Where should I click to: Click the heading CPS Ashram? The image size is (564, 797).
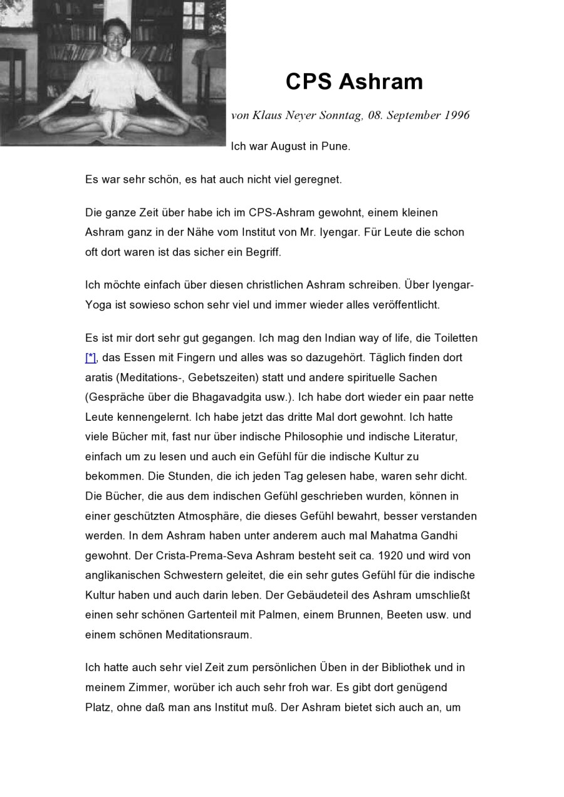point(354,82)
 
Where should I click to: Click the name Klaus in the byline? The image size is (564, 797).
point(268,115)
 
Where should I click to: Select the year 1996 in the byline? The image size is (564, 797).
point(457,115)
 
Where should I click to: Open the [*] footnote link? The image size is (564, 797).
point(90,357)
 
